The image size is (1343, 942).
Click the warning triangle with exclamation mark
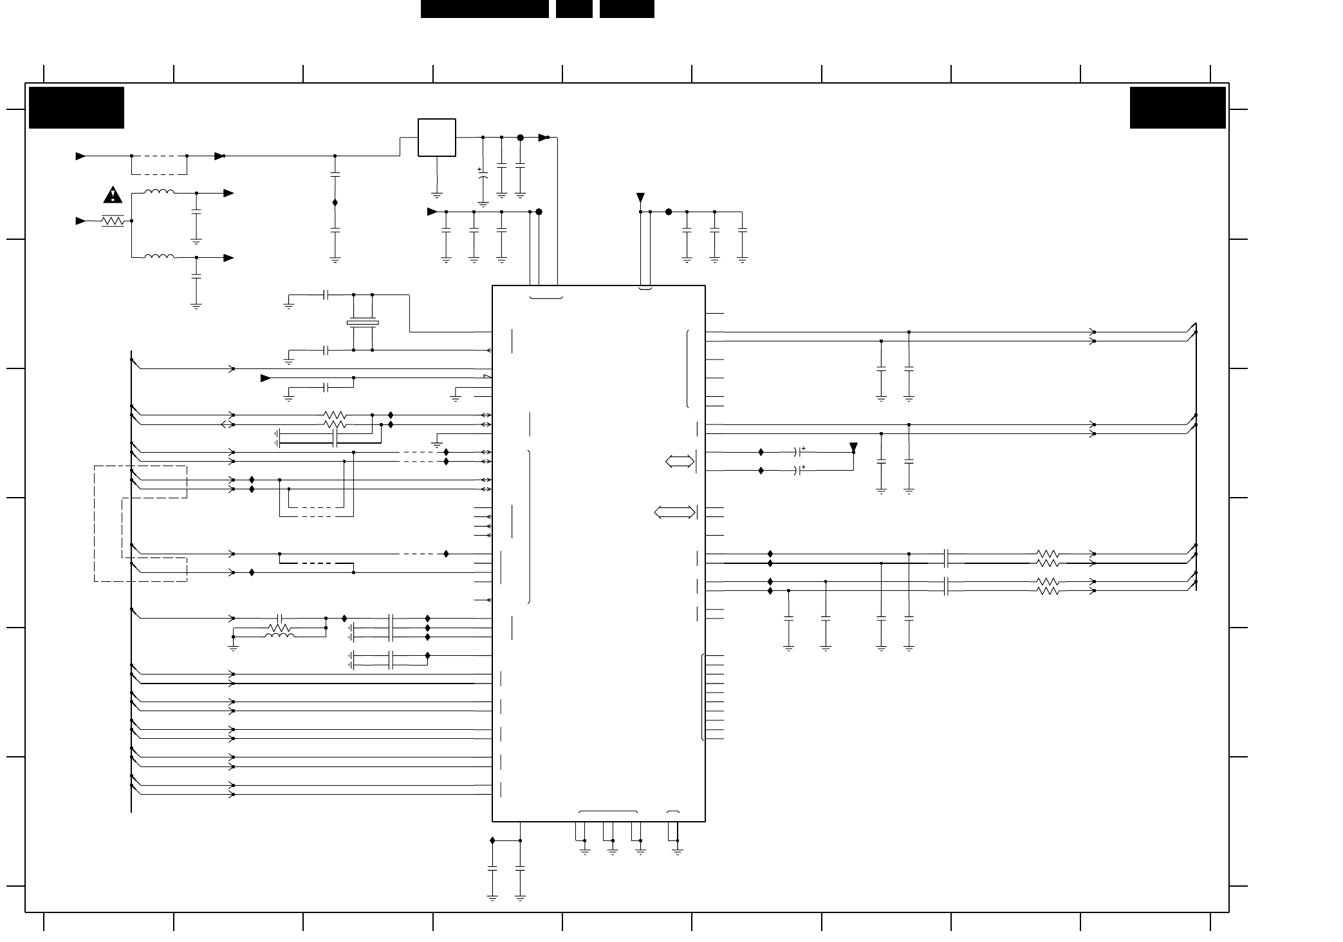(113, 194)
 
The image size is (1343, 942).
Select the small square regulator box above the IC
(437, 138)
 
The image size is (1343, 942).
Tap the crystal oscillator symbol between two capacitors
(362, 323)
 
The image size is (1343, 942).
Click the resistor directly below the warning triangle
(113, 221)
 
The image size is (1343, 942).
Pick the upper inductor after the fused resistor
(159, 192)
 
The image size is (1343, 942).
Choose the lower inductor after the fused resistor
(159, 257)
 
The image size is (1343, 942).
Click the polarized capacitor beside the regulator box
(483, 174)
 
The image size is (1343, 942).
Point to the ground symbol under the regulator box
(437, 194)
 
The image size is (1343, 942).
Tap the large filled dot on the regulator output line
(521, 138)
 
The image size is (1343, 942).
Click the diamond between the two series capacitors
(335, 203)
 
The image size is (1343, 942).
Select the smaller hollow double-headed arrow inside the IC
(680, 461)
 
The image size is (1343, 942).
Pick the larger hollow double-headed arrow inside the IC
(674, 512)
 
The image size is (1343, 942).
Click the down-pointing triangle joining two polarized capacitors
(853, 447)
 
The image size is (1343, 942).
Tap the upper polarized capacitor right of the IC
(801, 452)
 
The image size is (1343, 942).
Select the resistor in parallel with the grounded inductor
(279, 628)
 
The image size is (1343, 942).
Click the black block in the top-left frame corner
(77, 107)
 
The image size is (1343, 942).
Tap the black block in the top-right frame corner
(1178, 107)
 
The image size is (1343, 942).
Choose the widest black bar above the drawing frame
(485, 9)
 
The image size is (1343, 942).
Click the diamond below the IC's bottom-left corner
(492, 840)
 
